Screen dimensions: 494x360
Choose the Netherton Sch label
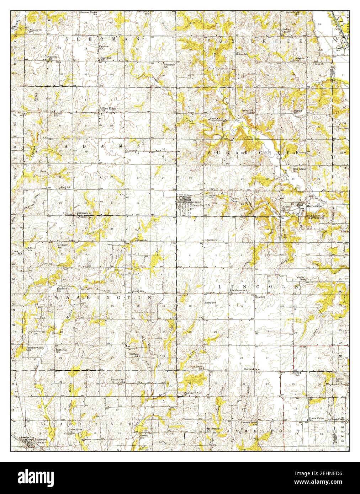click(61, 350)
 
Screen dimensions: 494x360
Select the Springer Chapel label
click(287, 30)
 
